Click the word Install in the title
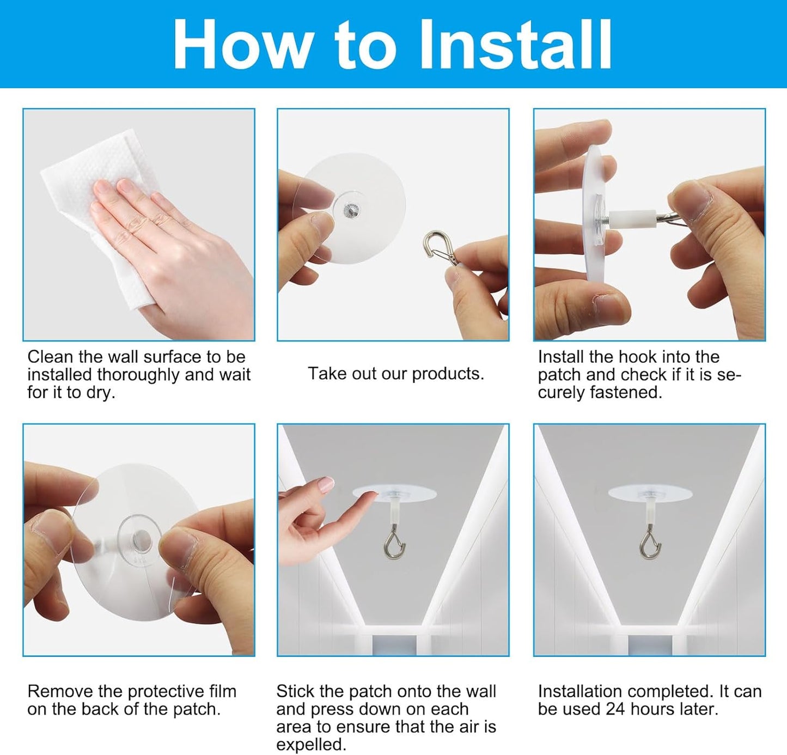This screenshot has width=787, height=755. point(516,45)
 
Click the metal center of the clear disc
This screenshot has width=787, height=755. point(350,210)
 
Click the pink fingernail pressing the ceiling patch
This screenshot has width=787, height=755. point(326,484)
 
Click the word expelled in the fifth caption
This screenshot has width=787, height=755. point(311,745)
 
